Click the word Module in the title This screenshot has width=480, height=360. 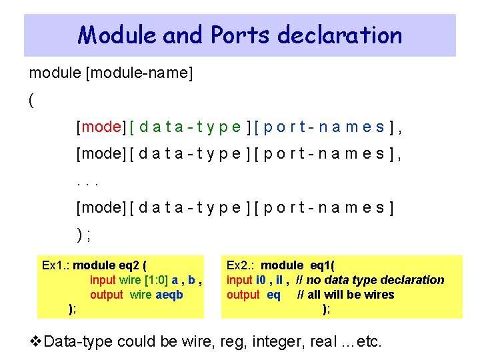(117, 35)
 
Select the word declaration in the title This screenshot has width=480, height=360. (337, 35)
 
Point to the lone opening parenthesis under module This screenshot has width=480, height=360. (31, 100)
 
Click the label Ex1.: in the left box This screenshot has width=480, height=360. (55, 265)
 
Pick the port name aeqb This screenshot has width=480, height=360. (169, 295)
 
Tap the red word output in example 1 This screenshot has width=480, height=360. (107, 295)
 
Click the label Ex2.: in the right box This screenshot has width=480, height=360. (241, 265)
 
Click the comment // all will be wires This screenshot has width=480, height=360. (346, 295)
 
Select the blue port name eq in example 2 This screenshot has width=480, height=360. (273, 295)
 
